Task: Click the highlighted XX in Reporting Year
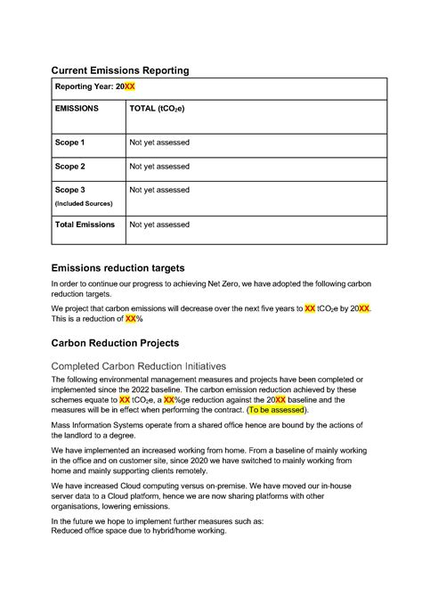[x=129, y=86]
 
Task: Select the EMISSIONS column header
[x=77, y=109]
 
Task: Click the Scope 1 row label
[x=70, y=143]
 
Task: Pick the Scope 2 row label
[x=70, y=166]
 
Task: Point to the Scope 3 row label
[x=70, y=190]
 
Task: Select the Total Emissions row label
[x=85, y=225]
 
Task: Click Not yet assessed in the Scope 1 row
[x=159, y=143]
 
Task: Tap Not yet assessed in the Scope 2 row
[x=159, y=166]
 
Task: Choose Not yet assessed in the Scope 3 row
[x=159, y=190]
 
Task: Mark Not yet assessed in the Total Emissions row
[x=159, y=225]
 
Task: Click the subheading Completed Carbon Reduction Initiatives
[x=138, y=366]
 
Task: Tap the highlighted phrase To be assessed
[x=277, y=411]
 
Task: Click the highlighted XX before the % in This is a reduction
[x=131, y=318]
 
